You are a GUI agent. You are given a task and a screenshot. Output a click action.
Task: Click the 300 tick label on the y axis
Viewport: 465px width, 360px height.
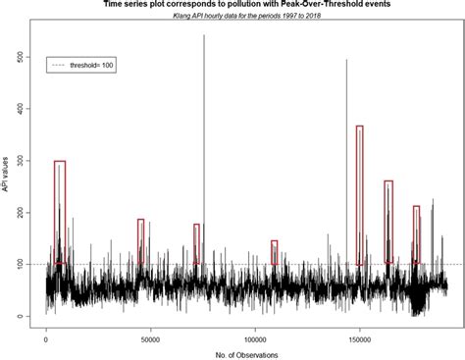[x=19, y=160]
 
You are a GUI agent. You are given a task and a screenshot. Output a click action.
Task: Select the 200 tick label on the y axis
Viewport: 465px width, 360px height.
[x=19, y=212]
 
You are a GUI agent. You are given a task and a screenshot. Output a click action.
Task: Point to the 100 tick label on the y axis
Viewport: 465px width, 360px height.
[x=19, y=264]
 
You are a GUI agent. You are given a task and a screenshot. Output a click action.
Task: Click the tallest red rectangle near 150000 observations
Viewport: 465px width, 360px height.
[x=360, y=194]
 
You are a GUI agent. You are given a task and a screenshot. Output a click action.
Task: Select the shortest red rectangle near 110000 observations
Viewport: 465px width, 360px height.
[x=275, y=252]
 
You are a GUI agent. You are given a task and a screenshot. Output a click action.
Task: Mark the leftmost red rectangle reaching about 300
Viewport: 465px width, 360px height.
[x=60, y=212]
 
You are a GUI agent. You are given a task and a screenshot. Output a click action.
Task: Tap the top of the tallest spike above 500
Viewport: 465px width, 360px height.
[x=204, y=36]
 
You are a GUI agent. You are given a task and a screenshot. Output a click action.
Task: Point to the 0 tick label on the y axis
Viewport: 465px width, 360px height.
[x=19, y=316]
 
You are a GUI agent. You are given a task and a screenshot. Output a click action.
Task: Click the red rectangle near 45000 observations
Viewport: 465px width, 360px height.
[x=140, y=240]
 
